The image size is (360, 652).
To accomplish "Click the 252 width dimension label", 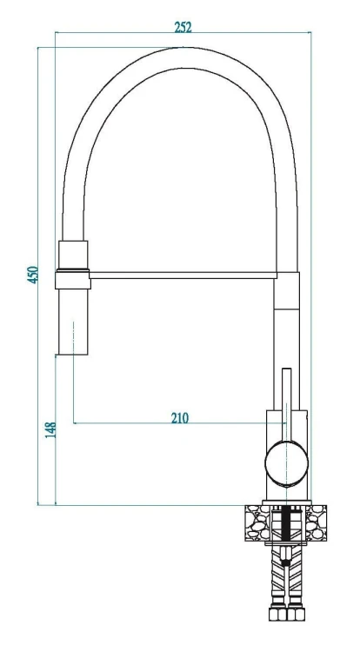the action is tap(183, 27).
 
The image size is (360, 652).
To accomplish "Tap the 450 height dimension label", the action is tap(33, 275).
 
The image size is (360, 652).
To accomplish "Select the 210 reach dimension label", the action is tap(180, 417).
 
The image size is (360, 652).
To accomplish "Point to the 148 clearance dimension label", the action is tap(50, 430).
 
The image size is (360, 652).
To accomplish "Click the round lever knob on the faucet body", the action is tap(286, 463).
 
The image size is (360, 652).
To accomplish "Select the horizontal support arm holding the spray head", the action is tap(183, 276).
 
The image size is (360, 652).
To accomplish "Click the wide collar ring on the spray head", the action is tap(73, 279).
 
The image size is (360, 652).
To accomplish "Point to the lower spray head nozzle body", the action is tap(73, 322).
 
